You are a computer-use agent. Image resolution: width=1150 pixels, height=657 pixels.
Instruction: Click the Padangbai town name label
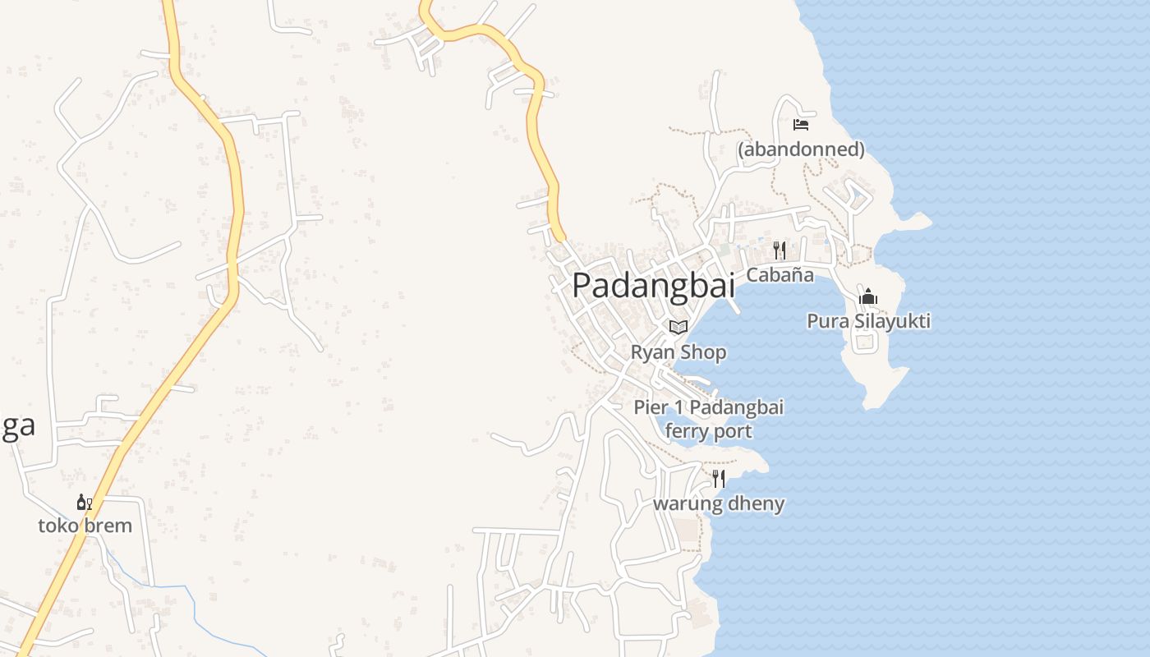653,285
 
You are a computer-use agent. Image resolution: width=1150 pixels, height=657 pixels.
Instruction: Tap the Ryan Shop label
678,352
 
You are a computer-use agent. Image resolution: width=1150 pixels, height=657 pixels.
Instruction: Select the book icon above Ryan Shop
678,327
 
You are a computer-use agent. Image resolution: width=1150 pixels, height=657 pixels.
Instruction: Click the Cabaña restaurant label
780,274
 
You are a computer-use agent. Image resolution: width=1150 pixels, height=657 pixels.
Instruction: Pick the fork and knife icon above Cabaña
780,250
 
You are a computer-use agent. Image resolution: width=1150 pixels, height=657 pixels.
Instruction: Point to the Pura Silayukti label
868,321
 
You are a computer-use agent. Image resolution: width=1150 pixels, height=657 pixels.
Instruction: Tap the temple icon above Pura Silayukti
868,296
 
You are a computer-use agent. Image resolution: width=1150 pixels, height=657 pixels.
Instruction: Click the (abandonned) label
801,149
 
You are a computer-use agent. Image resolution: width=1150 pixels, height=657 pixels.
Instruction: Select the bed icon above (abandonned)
801,125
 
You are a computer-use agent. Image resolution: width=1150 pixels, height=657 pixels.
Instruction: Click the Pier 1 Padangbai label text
708,407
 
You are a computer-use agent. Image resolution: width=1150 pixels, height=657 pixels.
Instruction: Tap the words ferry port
708,430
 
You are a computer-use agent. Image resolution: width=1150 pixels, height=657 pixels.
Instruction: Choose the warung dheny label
719,503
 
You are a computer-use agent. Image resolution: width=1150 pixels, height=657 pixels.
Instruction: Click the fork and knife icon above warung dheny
719,478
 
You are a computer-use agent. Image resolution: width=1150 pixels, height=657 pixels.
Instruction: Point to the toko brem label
85,526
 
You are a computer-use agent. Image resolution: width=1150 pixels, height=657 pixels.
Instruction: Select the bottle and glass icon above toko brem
85,502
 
